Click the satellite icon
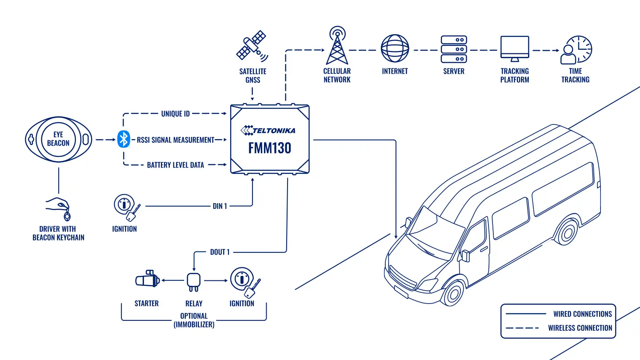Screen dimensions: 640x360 252,46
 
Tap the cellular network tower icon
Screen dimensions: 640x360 337,46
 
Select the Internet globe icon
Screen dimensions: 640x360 395,48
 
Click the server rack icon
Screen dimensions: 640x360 454,49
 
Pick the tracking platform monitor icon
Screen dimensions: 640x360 515,48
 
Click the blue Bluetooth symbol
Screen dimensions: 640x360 124,139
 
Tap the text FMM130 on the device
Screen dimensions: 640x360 270,148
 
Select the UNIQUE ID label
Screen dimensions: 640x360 176,114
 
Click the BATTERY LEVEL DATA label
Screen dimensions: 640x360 176,165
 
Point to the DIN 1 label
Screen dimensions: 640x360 220,206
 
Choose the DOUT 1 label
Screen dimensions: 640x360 220,252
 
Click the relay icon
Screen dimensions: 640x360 194,282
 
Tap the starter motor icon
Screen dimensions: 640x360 148,279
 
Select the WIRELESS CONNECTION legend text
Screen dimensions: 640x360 580,328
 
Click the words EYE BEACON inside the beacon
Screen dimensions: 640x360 58,139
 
